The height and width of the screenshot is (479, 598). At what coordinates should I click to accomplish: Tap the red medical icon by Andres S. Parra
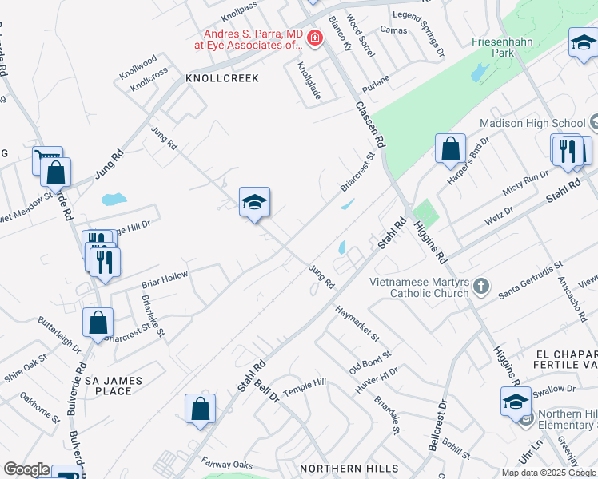pyautogui.click(x=315, y=38)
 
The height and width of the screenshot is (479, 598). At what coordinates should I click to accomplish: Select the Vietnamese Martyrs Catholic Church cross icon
pyautogui.click(x=480, y=286)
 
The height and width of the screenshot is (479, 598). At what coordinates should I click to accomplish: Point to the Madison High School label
pyautogui.click(x=532, y=123)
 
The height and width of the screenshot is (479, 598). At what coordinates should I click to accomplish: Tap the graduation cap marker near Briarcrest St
pyautogui.click(x=254, y=203)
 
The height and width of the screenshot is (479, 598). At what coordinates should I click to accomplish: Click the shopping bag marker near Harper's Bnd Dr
pyautogui.click(x=451, y=149)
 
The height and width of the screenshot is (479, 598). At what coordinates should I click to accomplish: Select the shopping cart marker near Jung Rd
pyautogui.click(x=47, y=160)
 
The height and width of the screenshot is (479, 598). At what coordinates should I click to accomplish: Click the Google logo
pyautogui.click(x=26, y=469)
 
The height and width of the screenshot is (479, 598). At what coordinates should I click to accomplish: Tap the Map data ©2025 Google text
pyautogui.click(x=548, y=473)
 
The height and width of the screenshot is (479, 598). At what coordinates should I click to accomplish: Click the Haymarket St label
pyautogui.click(x=357, y=323)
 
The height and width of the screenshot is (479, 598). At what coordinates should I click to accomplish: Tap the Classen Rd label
pyautogui.click(x=370, y=124)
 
